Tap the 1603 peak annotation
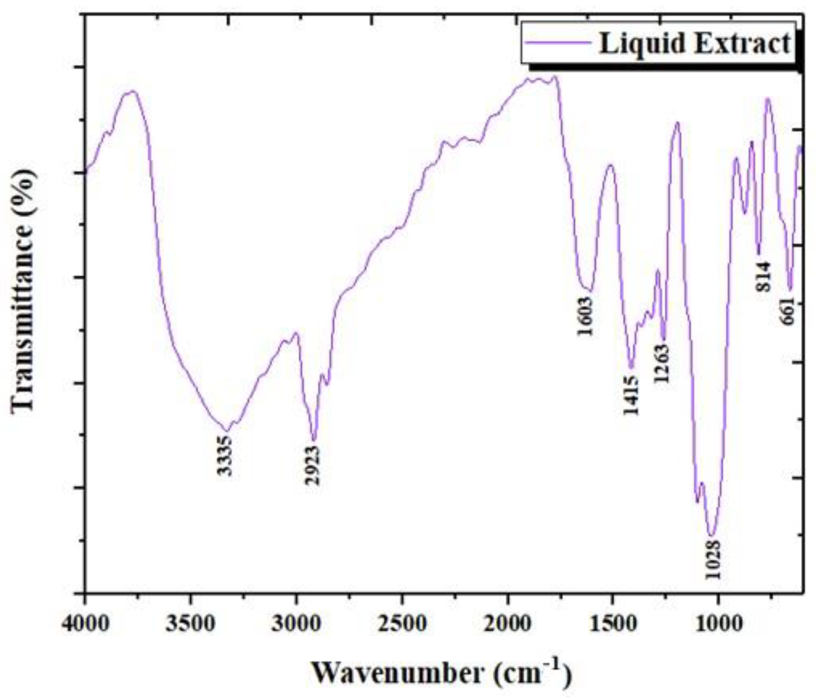tap(586, 316)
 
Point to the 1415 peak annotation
tap(631, 395)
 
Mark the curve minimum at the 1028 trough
tap(711, 535)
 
